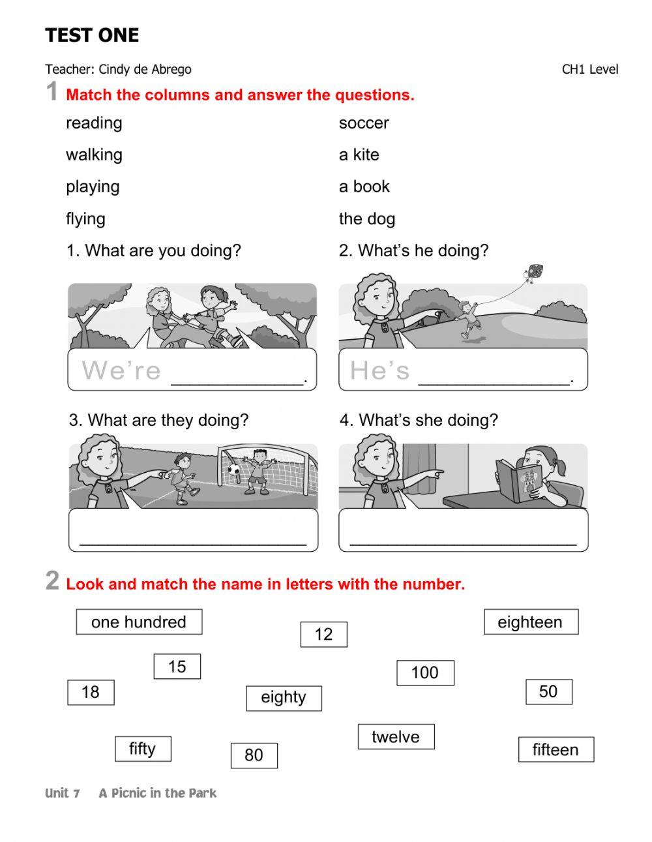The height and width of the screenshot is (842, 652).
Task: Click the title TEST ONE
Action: pyautogui.click(x=92, y=35)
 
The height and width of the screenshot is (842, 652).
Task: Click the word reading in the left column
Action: pyautogui.click(x=94, y=123)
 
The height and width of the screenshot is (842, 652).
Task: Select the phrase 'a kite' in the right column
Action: pyautogui.click(x=359, y=155)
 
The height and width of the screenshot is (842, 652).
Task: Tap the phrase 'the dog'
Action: pyautogui.click(x=366, y=219)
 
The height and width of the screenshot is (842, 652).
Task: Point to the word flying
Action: pyautogui.click(x=85, y=219)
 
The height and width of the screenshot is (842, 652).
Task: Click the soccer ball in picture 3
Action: pyautogui.click(x=233, y=469)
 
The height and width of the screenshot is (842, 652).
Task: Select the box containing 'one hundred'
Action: pyautogui.click(x=139, y=622)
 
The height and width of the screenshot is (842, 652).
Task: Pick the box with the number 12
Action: pyautogui.click(x=323, y=635)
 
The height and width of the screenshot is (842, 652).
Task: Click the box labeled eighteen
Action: pyautogui.click(x=530, y=622)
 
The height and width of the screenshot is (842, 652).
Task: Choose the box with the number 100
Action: pyautogui.click(x=424, y=673)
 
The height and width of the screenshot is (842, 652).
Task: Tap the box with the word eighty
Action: pyautogui.click(x=284, y=698)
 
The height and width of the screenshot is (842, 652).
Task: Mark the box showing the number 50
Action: pyautogui.click(x=548, y=692)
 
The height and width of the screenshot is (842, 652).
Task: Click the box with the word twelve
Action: pyautogui.click(x=396, y=737)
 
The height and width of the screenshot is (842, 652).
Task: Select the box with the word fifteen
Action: pyautogui.click(x=556, y=750)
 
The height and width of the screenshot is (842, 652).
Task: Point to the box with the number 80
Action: pyautogui.click(x=254, y=755)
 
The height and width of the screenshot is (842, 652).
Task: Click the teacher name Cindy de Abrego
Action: pyautogui.click(x=145, y=69)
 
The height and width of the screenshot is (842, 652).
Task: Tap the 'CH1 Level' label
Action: pyautogui.click(x=589, y=69)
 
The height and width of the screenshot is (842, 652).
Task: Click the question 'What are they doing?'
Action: pyautogui.click(x=159, y=421)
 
